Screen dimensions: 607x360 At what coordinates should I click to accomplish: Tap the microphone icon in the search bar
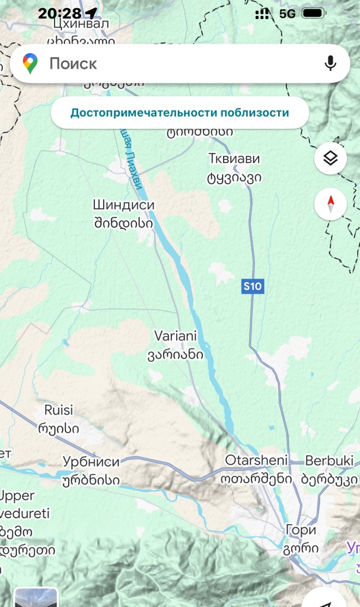(x=330, y=63)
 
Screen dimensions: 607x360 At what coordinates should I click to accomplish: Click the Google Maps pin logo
(x=30, y=63)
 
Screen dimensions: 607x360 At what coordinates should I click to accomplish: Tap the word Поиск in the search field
(x=73, y=63)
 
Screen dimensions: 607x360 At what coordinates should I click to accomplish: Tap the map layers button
(x=330, y=158)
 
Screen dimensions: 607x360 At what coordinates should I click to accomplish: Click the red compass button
(x=330, y=204)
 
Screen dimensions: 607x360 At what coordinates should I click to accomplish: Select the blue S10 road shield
(x=252, y=287)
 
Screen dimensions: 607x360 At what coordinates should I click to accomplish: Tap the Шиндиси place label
(x=123, y=205)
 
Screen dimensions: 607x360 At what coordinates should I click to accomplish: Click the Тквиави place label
(x=234, y=159)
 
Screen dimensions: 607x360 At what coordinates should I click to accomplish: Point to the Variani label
(x=175, y=336)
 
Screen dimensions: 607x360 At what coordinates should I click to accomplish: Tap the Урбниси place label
(x=91, y=462)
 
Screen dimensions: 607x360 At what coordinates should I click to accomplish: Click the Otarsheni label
(x=256, y=460)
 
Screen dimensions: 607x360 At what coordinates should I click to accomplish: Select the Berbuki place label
(x=329, y=461)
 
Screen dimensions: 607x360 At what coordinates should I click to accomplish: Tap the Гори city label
(x=301, y=529)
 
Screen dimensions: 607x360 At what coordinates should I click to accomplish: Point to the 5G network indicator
(x=288, y=13)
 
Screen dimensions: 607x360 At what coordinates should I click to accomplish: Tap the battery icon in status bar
(x=313, y=13)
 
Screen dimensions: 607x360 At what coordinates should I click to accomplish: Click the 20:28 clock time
(x=59, y=13)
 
